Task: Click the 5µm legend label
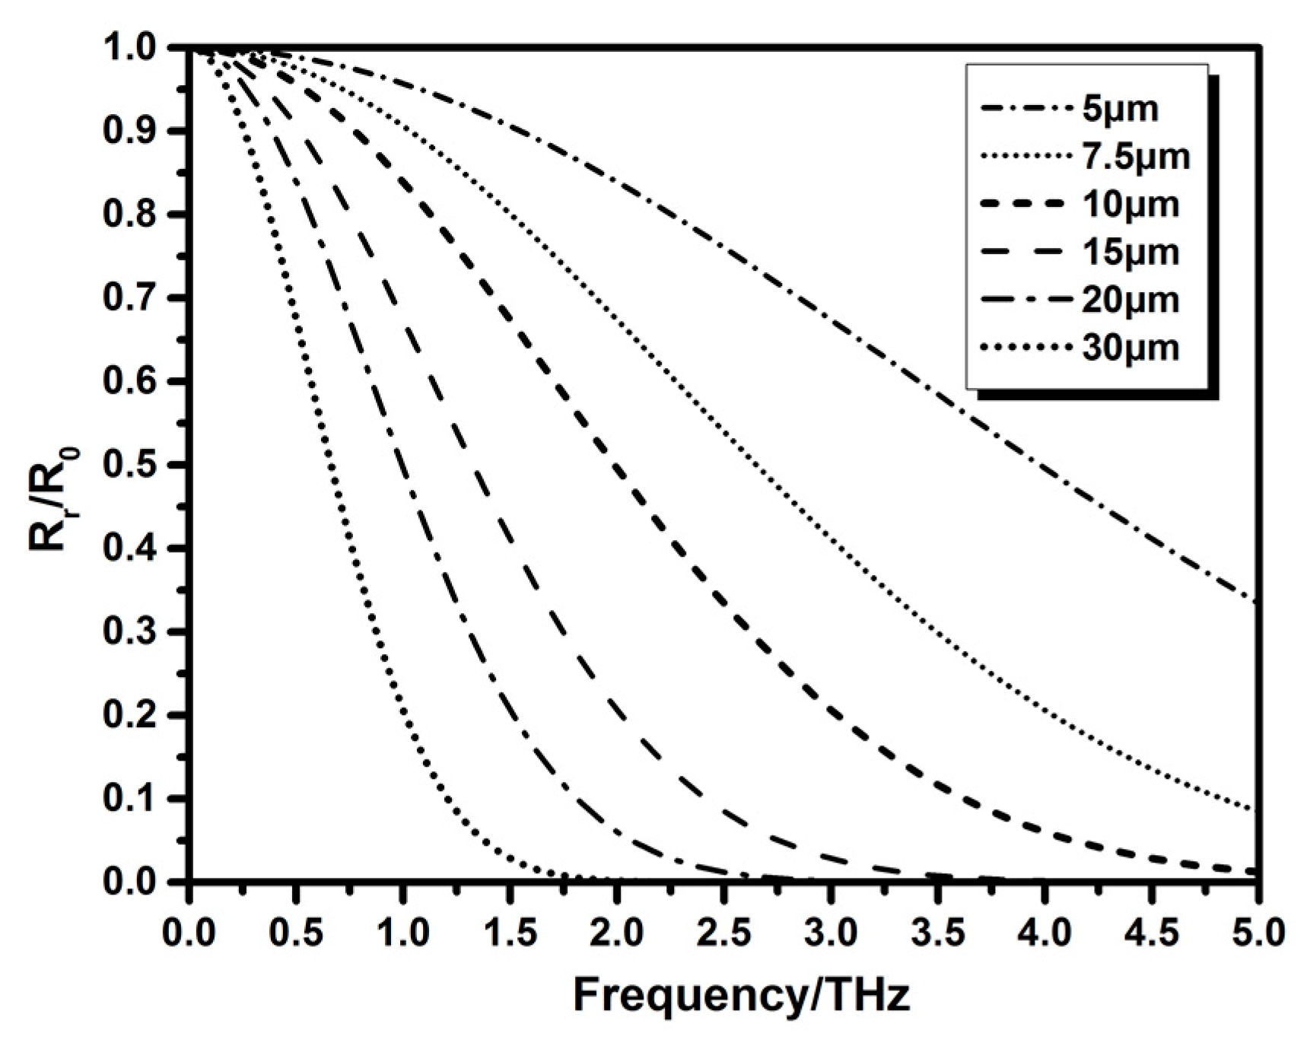(1120, 110)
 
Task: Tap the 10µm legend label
(1130, 205)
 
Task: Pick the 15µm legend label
(1130, 252)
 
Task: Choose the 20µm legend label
(1130, 300)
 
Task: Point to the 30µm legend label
(1130, 348)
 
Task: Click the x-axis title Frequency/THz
(741, 995)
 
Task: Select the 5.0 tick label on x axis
(1258, 932)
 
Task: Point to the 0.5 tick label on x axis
(296, 932)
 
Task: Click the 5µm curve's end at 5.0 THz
(1256, 602)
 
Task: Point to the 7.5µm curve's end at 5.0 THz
(1256, 809)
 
